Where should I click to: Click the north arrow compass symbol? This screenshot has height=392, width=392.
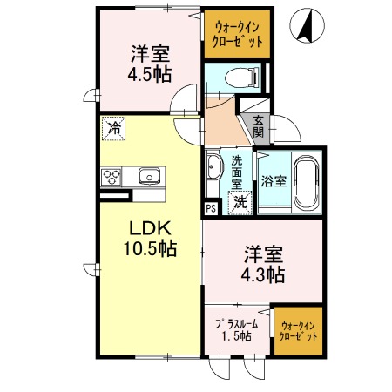click(306, 24)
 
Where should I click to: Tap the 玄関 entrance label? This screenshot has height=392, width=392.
click(259, 127)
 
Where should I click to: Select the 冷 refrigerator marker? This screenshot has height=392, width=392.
click(114, 128)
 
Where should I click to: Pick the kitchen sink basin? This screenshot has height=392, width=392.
click(148, 177)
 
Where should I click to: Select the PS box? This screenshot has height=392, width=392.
click(211, 208)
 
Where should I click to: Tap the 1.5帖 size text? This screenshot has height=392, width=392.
click(235, 336)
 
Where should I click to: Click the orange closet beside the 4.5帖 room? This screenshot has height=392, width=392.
click(238, 35)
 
